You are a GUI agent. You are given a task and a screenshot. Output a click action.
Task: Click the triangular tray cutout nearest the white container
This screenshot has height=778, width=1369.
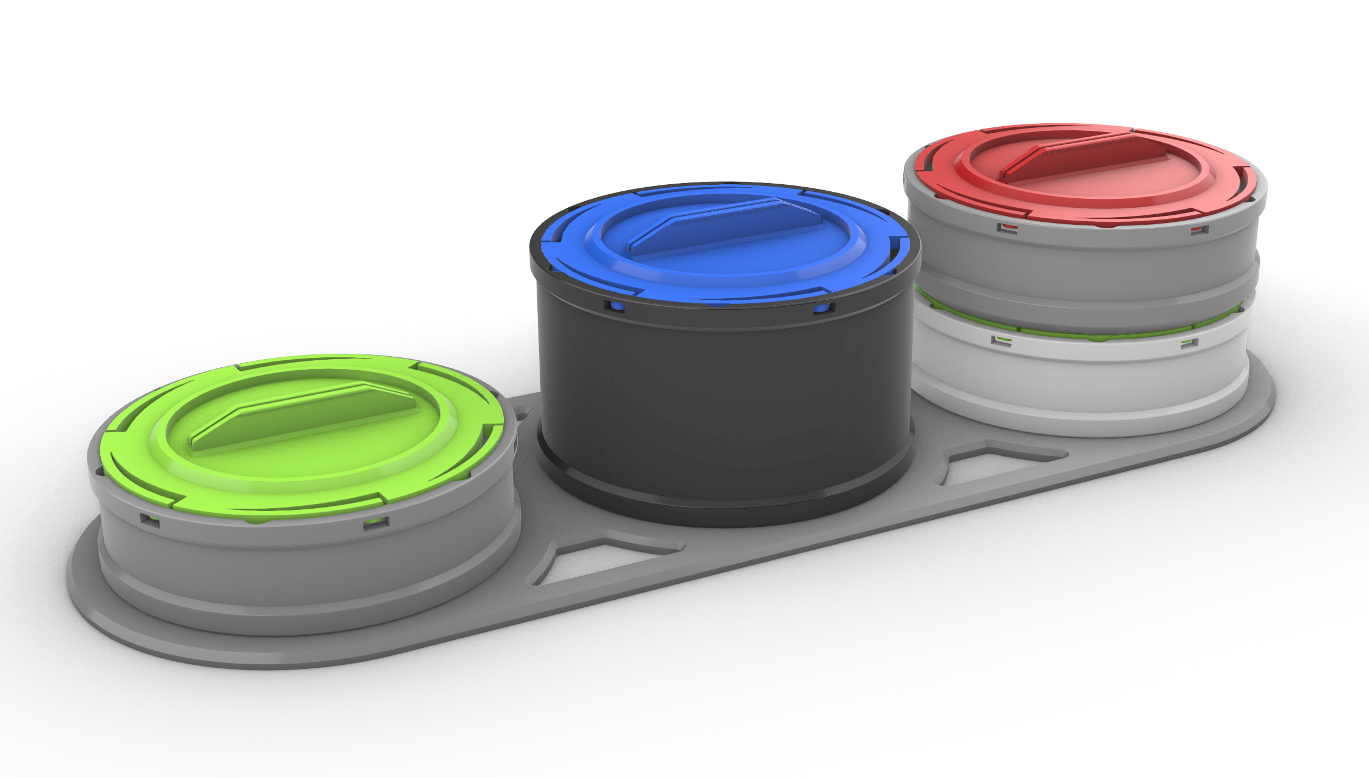click(997, 464)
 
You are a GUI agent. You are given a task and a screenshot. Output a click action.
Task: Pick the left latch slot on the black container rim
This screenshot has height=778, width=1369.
click(614, 306)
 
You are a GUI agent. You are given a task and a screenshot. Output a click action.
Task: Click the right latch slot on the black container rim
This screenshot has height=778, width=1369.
click(823, 308)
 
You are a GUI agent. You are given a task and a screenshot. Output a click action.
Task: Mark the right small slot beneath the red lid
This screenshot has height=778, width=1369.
click(1199, 229)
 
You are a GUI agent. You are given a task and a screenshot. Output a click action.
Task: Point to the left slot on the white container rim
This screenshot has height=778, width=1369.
click(1001, 340)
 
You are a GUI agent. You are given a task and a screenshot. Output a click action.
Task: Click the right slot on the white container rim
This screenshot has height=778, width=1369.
click(1189, 342)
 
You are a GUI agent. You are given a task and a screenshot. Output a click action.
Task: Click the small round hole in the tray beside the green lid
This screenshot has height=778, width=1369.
click(521, 418)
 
